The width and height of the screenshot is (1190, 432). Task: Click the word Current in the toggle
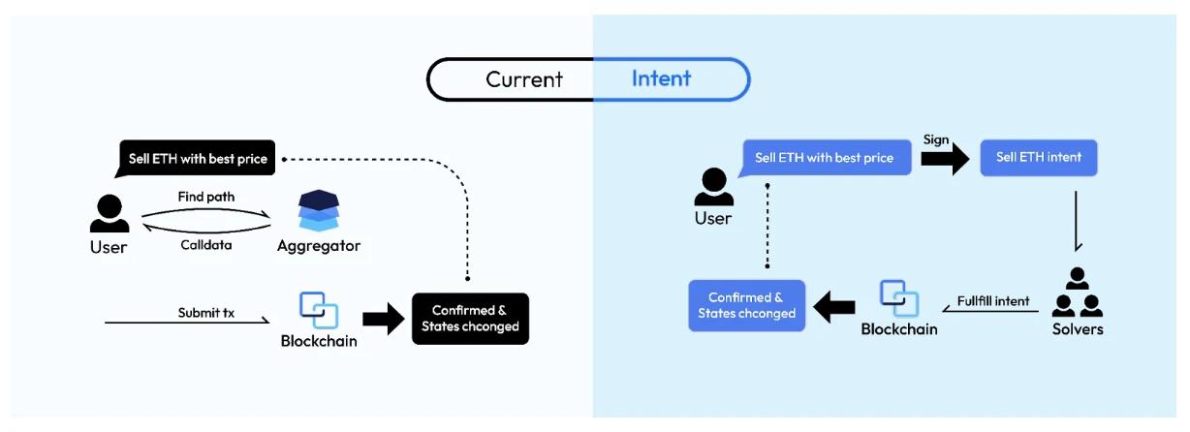(x=523, y=79)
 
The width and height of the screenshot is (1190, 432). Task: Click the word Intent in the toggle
(x=661, y=78)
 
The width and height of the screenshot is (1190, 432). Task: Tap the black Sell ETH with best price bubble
(x=198, y=158)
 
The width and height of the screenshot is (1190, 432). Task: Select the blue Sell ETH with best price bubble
(x=824, y=157)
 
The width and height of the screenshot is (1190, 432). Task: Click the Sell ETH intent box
(x=1038, y=157)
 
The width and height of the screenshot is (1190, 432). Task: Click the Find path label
(x=205, y=197)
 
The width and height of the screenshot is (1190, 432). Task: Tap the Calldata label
(x=205, y=245)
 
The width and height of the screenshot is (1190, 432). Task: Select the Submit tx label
(x=205, y=313)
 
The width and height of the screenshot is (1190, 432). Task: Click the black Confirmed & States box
(x=470, y=319)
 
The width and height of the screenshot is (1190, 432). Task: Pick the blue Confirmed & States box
(x=746, y=305)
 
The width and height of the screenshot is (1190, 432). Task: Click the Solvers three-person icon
(x=1078, y=293)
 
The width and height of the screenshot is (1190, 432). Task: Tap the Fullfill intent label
(x=993, y=301)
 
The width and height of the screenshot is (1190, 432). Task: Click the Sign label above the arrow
(x=936, y=139)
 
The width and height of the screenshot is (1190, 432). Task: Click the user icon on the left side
(x=109, y=213)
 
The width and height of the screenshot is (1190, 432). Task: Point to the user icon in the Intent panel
(x=713, y=187)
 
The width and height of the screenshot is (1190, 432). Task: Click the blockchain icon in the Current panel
(x=319, y=310)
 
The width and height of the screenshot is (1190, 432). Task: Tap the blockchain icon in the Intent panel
(x=899, y=299)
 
